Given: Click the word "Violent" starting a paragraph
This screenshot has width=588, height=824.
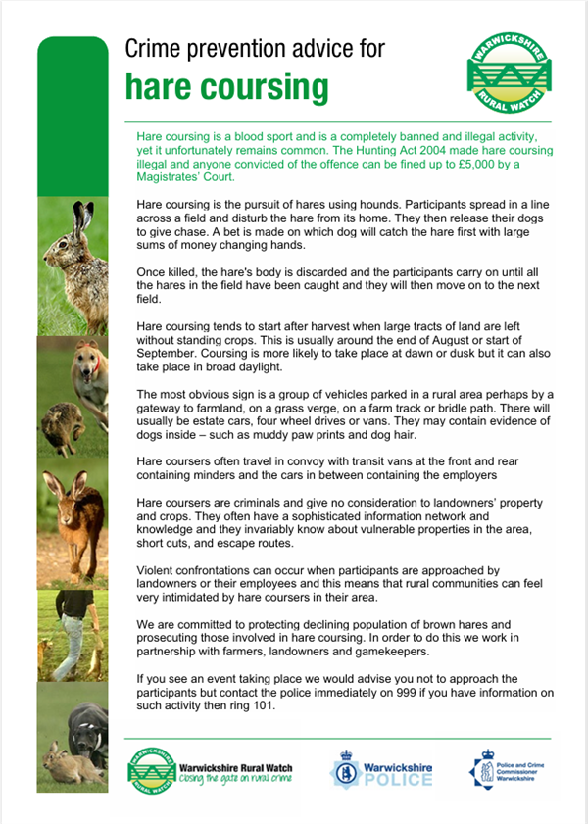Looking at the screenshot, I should click(x=158, y=569).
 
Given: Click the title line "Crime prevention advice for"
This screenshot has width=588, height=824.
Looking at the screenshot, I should click(x=255, y=48).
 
